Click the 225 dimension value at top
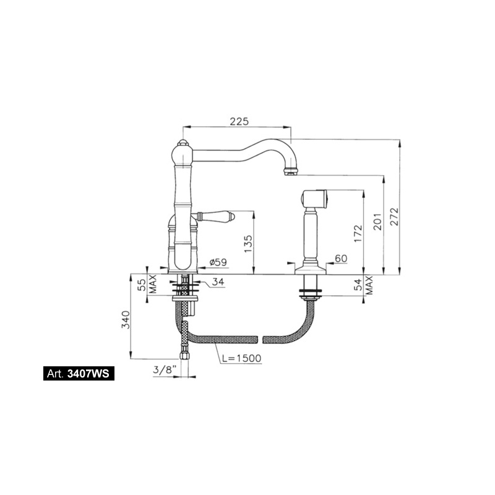[239, 121]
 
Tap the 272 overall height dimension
[395, 216]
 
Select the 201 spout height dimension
[378, 222]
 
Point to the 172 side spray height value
[358, 233]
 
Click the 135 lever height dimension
[249, 243]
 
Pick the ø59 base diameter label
[218, 262]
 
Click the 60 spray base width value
[341, 259]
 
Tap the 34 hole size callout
[218, 282]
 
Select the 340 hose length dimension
[126, 319]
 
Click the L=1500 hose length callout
[241, 358]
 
